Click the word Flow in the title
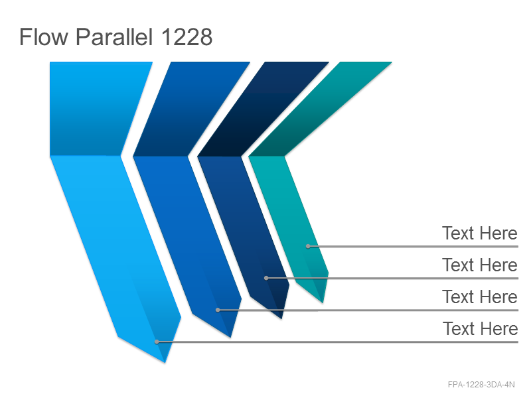point(44,36)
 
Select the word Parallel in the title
point(114,36)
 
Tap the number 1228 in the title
point(187,36)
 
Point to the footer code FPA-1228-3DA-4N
point(481,385)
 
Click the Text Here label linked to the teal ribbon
point(479,233)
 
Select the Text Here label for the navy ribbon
point(479,265)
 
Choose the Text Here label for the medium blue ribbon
point(479,297)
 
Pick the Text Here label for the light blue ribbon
point(480,328)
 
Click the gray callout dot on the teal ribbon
point(308,246)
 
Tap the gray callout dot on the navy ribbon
point(266,278)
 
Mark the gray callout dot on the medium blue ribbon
point(218,310)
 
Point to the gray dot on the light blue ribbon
point(157,342)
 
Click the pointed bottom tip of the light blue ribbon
point(165,362)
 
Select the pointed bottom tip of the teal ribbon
point(323,302)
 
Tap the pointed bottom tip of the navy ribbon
point(281,318)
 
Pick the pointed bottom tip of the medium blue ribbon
point(230,337)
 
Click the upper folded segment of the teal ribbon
point(320,109)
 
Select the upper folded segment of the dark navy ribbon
point(263,109)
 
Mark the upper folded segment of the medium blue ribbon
point(191,109)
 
